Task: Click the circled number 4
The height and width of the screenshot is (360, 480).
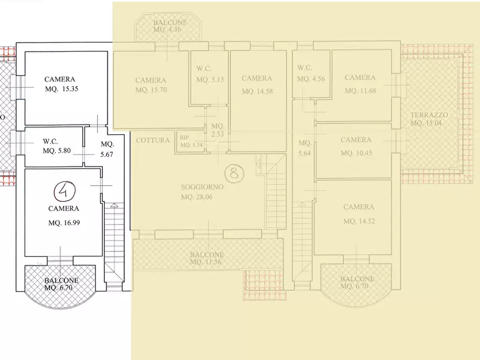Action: (65, 191)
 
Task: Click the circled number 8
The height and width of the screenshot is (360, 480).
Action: (234, 173)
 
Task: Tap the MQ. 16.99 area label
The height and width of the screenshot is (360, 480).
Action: (64, 223)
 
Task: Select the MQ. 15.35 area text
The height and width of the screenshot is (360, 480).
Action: (61, 89)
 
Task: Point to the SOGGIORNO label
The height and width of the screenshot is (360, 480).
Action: (202, 187)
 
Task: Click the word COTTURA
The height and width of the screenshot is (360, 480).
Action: (153, 140)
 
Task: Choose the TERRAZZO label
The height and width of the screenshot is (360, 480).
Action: (429, 115)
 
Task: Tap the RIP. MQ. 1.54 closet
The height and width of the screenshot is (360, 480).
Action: (191, 141)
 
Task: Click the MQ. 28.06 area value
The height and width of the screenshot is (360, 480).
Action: (197, 197)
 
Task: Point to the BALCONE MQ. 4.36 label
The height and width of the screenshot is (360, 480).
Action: (170, 26)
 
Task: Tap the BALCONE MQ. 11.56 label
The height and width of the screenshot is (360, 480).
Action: (206, 258)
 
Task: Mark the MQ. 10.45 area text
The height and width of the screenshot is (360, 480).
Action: (356, 153)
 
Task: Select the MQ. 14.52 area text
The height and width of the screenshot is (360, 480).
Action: (359, 221)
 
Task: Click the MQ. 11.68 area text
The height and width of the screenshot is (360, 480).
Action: (360, 91)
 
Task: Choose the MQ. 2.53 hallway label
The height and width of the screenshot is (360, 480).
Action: (217, 130)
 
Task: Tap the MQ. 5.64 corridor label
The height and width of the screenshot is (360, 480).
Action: (305, 148)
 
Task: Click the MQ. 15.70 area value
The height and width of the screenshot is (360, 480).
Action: (151, 90)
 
